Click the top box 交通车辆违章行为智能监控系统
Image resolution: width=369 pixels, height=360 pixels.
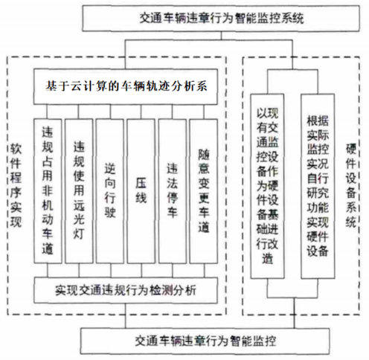tap(221, 19)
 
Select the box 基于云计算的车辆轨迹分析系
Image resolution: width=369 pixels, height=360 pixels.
tap(126, 86)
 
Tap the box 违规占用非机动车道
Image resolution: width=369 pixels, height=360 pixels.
tap(48, 191)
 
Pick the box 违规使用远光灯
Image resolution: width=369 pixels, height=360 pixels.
tap(79, 191)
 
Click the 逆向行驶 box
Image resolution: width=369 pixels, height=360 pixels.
tap(110, 191)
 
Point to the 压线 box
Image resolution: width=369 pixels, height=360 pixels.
tap(141, 191)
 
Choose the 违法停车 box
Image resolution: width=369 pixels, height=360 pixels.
tap(173, 191)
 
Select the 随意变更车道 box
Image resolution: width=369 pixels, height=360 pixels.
tap(204, 191)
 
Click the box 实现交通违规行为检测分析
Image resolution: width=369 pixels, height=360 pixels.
tap(126, 290)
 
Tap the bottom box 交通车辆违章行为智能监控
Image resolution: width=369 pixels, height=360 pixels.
tap(205, 341)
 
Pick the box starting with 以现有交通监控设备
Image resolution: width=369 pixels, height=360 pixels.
tap(267, 186)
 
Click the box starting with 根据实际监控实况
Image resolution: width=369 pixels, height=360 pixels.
tap(318, 186)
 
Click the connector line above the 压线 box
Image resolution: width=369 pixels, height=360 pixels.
tap(141, 112)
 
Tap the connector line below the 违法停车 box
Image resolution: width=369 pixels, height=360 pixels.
tap(173, 270)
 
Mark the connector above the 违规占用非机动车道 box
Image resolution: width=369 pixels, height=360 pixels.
tap(47, 112)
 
